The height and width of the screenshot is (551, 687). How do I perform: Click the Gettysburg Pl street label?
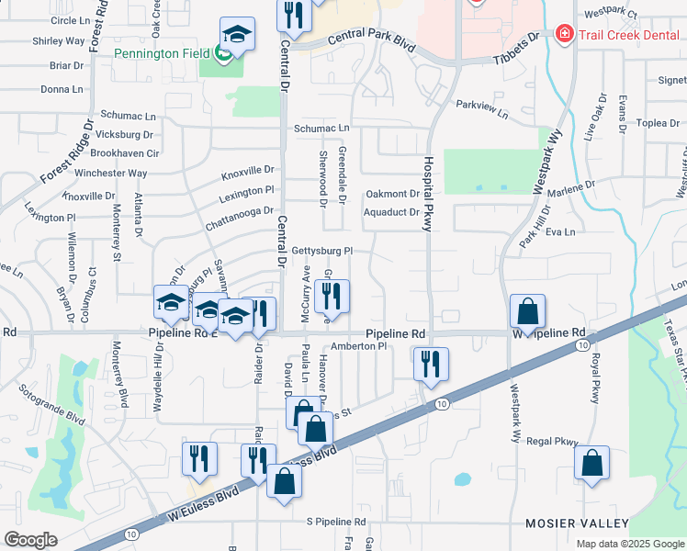pos(322,251)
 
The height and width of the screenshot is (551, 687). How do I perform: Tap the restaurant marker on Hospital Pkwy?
pos(430,365)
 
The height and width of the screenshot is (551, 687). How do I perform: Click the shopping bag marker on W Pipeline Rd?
pos(528,312)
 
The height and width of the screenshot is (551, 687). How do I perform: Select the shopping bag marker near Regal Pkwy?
pos(591,464)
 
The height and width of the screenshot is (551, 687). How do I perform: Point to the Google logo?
pos(30,540)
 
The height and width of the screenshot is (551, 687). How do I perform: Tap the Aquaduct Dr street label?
pos(391,212)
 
